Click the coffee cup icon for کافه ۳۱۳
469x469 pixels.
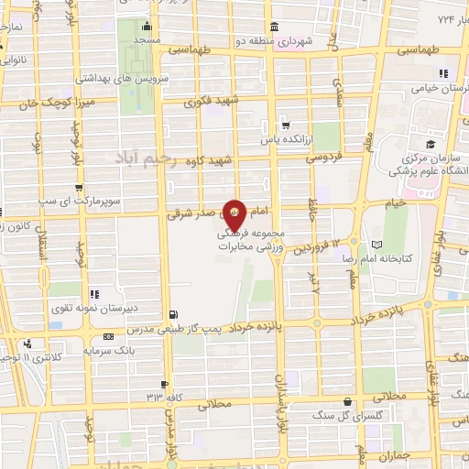point(165,384)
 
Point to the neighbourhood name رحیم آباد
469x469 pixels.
point(158,158)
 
